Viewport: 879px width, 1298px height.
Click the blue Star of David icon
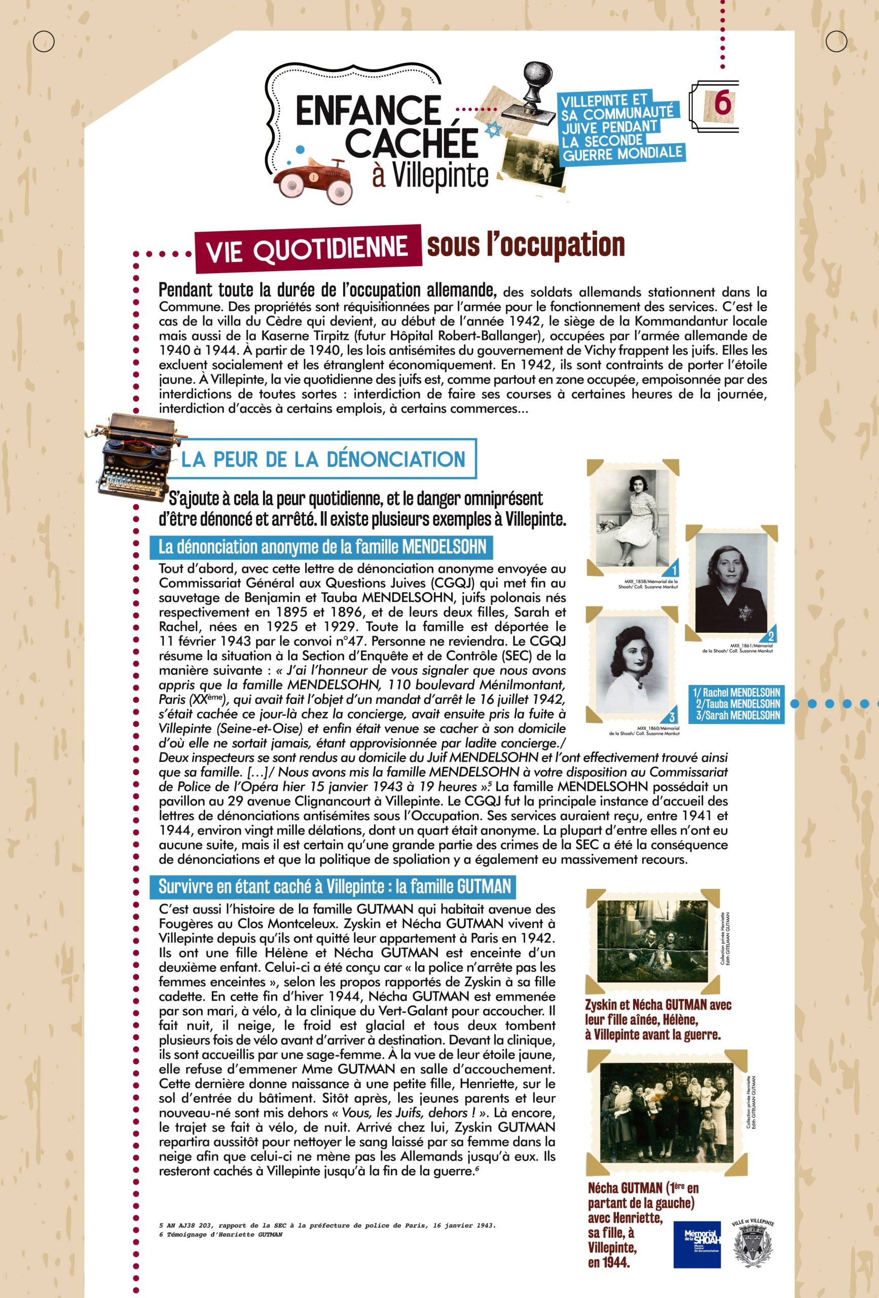point(492,130)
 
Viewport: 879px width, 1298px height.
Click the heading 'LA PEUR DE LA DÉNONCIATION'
point(323,459)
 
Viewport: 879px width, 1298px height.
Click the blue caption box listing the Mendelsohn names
point(736,704)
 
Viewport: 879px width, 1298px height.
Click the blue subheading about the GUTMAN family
point(335,886)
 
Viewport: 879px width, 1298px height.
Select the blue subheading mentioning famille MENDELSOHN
point(322,546)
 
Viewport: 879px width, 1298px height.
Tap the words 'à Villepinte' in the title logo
point(430,175)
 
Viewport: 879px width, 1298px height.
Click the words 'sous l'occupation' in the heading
point(525,244)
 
